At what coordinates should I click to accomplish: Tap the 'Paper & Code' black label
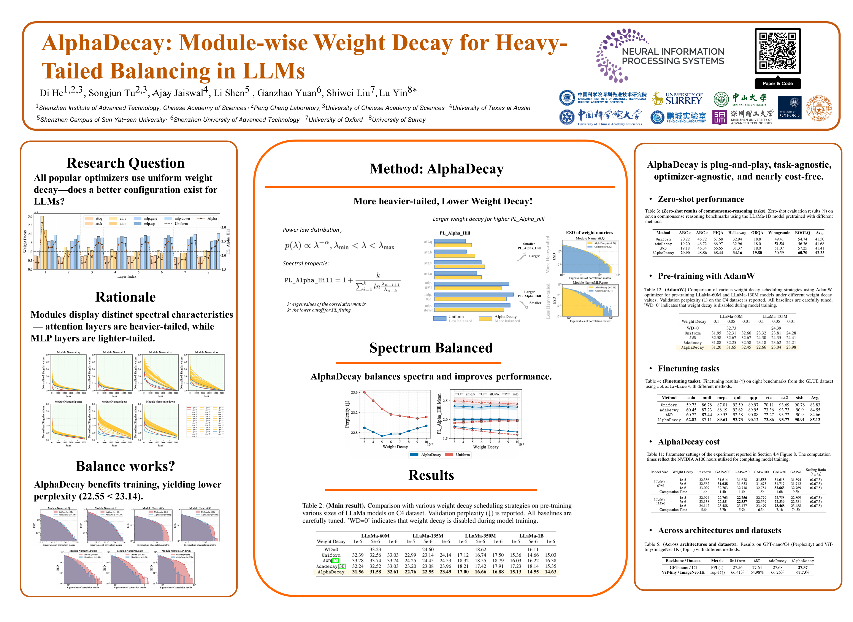click(x=777, y=84)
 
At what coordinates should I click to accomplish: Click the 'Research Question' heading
click(x=125, y=163)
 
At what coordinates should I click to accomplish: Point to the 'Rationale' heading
click(x=125, y=297)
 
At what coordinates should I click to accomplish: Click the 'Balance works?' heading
click(x=125, y=466)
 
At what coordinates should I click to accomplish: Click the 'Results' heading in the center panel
click(x=431, y=475)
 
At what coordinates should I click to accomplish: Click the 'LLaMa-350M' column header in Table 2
click(x=480, y=535)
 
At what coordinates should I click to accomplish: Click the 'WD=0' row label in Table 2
click(x=331, y=549)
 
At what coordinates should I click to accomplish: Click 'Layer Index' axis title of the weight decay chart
click(x=127, y=276)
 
